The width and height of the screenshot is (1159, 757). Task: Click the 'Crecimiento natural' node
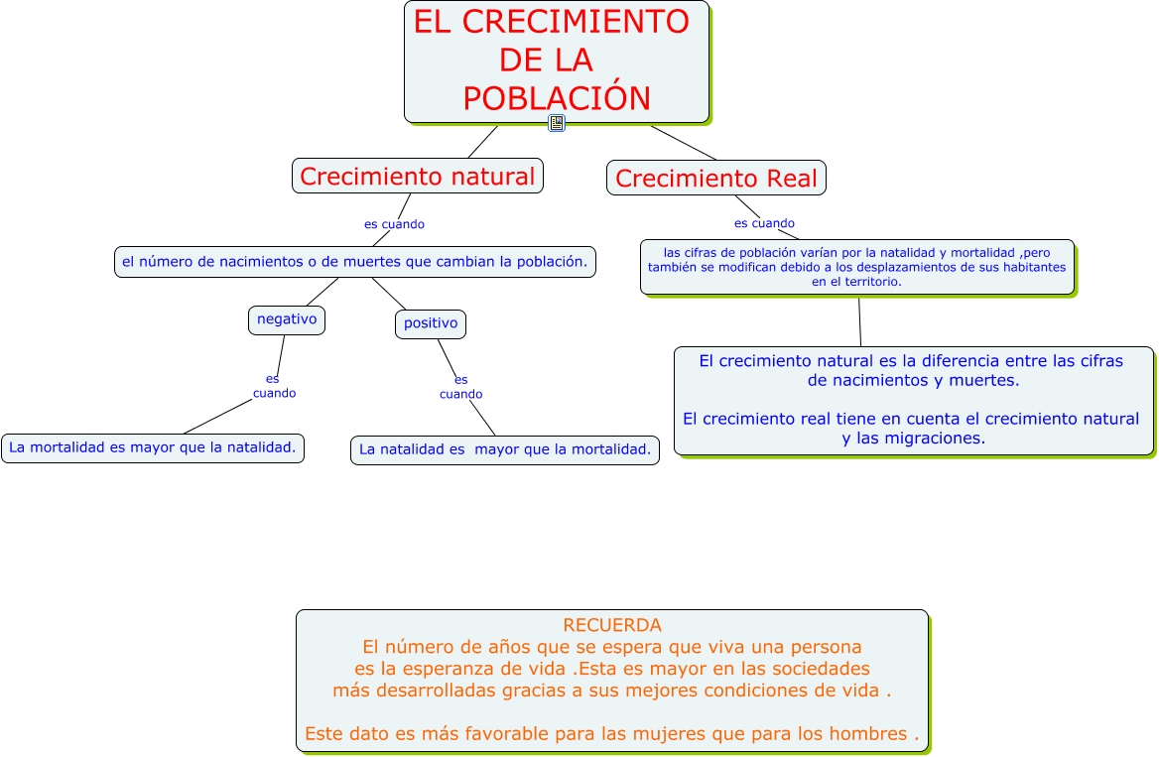tap(417, 177)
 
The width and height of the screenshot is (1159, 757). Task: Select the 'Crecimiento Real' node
tap(715, 179)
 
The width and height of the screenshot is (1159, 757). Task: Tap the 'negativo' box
tap(287, 319)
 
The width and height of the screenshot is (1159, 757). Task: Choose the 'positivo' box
tap(431, 323)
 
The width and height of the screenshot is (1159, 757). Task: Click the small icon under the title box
tap(557, 123)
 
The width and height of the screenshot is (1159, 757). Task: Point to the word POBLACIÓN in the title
tap(556, 98)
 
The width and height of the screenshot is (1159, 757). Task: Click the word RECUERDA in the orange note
tap(611, 626)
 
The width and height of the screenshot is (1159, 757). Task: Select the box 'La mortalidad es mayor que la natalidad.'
tap(153, 447)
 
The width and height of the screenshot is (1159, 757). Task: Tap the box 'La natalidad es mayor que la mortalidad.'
tap(504, 449)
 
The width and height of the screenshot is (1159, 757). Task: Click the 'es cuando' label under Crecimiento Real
tap(764, 223)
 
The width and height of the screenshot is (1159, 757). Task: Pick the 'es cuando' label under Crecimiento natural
tap(394, 224)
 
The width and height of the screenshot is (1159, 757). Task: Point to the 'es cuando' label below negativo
tap(274, 386)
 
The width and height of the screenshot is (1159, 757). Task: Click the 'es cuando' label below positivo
tap(460, 387)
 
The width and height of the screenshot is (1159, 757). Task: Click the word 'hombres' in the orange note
tap(869, 734)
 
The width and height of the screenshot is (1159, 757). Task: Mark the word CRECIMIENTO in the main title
tap(551, 22)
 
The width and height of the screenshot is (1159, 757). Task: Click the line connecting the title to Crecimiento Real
tap(684, 142)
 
